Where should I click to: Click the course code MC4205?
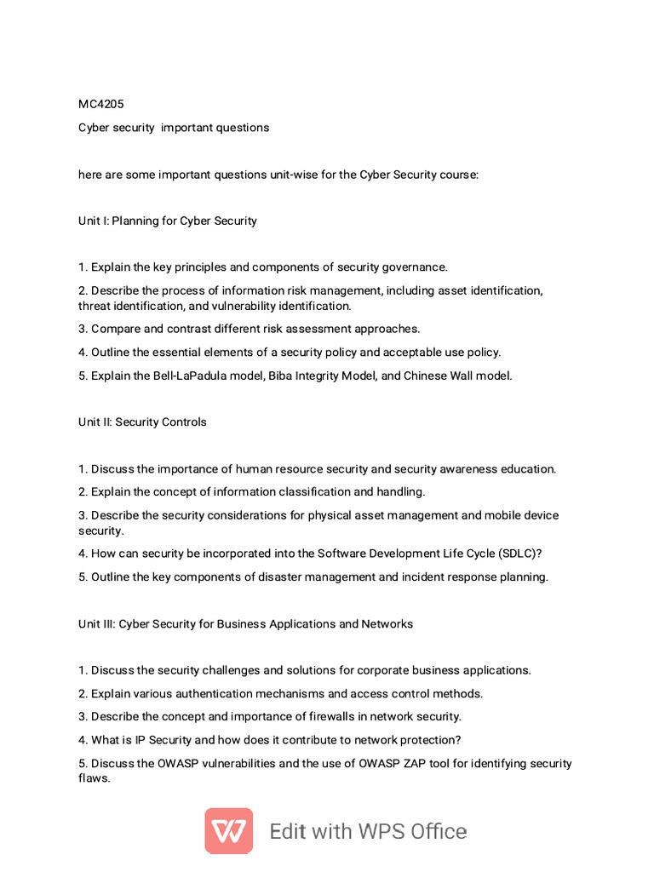[100, 104]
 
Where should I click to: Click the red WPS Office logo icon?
[228, 830]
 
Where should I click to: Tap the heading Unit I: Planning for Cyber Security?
[168, 221]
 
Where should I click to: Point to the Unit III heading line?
[245, 624]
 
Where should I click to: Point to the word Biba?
[280, 376]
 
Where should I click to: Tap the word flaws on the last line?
[94, 779]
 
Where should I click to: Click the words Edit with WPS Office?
[368, 831]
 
